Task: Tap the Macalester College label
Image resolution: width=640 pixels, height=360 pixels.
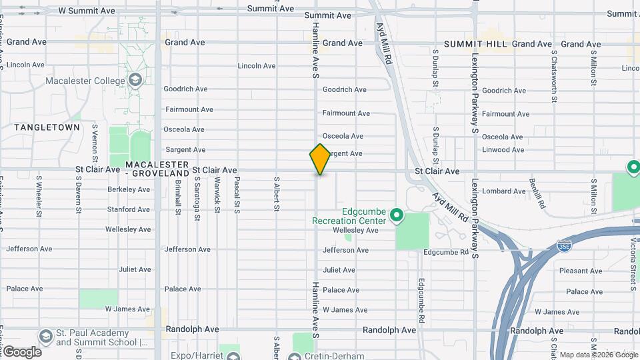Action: pos(85,81)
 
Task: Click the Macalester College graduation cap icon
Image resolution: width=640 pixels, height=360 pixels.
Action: pos(136,81)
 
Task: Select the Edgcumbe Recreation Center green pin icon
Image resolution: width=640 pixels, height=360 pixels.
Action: pos(397,215)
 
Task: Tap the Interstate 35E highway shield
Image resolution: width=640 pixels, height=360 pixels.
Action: pos(563,247)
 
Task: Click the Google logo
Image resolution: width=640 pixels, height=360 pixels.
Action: pos(22,351)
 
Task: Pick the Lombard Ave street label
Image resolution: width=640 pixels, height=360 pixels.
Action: pos(504,191)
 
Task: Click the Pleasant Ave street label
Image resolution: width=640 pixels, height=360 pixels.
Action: pos(581,271)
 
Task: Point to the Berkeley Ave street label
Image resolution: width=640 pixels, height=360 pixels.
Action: pos(129,189)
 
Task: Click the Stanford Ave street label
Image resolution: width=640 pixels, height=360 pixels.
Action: pos(129,209)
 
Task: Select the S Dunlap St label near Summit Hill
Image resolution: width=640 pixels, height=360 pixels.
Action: pos(435,68)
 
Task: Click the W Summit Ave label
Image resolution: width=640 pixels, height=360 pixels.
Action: pos(92,11)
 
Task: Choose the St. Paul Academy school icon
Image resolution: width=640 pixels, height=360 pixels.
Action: pos(45,335)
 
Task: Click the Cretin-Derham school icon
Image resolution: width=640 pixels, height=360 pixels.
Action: pos(295,356)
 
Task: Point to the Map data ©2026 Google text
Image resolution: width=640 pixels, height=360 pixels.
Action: pos(597,355)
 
